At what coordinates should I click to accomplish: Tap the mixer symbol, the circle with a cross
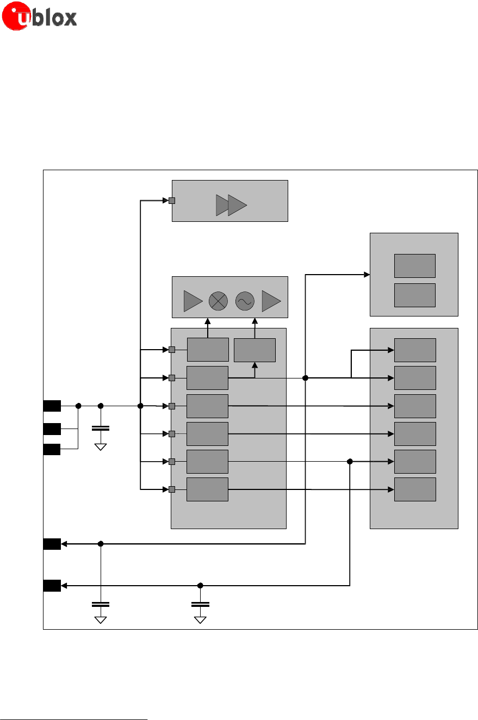click(x=218, y=301)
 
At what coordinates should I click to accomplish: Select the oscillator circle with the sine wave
click(x=245, y=301)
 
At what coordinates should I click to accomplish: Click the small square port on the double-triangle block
click(x=171, y=201)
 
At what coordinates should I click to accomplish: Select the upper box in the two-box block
click(x=414, y=265)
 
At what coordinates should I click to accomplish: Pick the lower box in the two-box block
click(x=414, y=295)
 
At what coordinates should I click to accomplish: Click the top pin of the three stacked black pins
click(x=52, y=406)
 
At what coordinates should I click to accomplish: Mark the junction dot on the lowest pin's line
click(x=200, y=586)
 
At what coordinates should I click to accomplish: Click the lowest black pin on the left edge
click(x=52, y=586)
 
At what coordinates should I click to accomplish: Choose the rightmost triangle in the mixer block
click(x=271, y=301)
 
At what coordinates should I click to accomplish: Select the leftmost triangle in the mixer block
click(x=193, y=301)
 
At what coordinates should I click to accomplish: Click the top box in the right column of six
click(x=415, y=350)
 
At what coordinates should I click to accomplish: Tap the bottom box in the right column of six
click(x=415, y=489)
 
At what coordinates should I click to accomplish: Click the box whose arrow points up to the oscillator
click(x=254, y=350)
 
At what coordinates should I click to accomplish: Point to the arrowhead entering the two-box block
click(x=367, y=275)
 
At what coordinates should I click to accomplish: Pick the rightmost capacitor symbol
click(x=200, y=604)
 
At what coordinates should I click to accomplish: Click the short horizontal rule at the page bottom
click(x=74, y=704)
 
